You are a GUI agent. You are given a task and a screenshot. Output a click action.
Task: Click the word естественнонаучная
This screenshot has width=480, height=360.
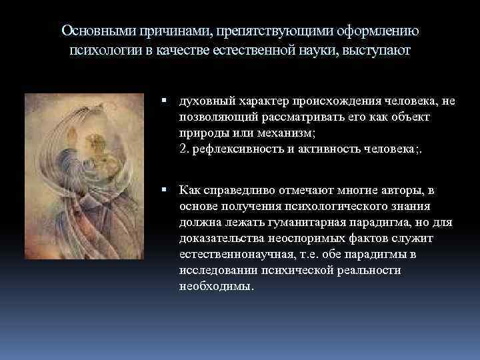coord(237,255)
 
